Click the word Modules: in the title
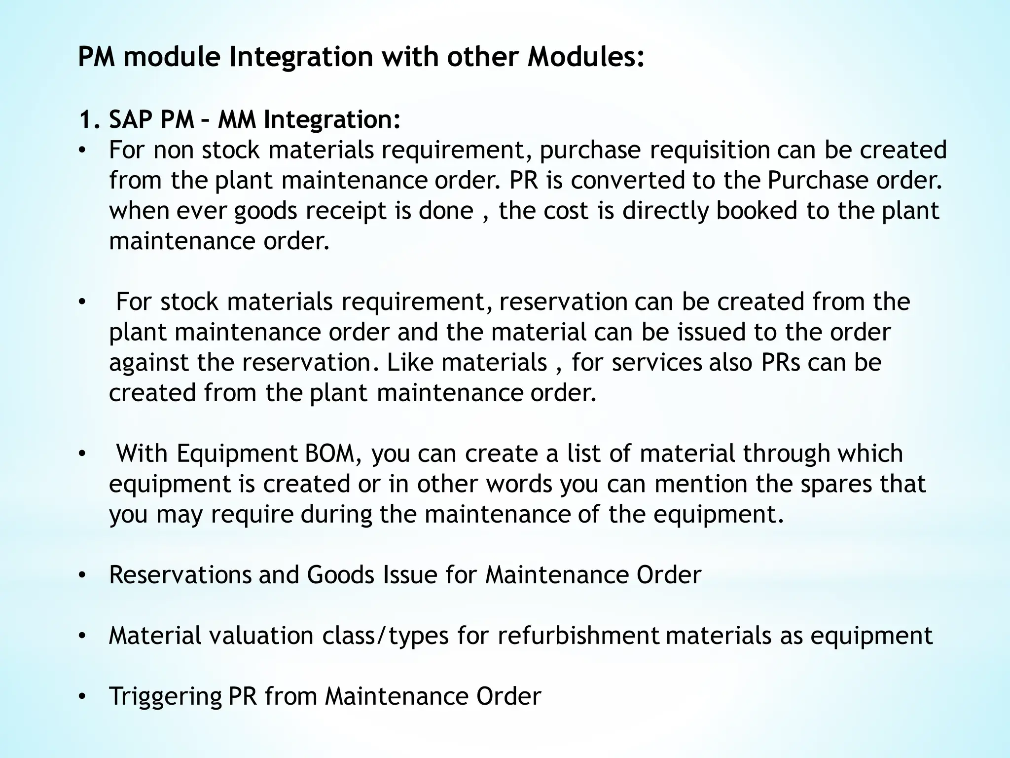click(586, 57)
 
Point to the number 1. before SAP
click(90, 120)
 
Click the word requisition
click(709, 151)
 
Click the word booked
click(757, 211)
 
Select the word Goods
click(340, 575)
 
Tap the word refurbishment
click(578, 636)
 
